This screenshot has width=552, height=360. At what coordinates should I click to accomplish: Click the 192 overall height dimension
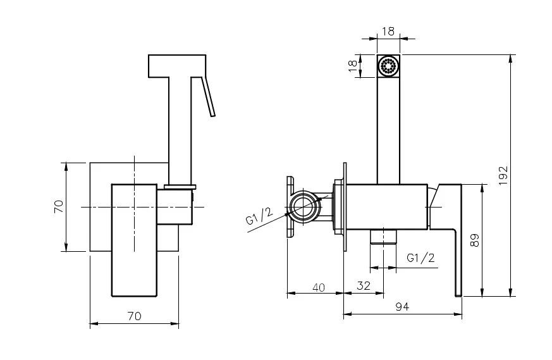(503, 175)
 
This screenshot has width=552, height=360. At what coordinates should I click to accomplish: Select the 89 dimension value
(475, 240)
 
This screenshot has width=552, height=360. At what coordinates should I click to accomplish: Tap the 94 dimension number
(402, 307)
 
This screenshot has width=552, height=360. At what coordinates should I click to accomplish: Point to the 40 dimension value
(319, 287)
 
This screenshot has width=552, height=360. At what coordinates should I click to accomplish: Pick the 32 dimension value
(363, 285)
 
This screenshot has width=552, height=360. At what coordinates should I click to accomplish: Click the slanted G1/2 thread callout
(259, 216)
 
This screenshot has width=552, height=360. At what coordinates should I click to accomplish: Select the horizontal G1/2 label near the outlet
(420, 258)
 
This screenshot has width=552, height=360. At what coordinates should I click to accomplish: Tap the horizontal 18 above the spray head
(388, 30)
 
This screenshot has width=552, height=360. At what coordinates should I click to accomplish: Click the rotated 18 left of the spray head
(353, 66)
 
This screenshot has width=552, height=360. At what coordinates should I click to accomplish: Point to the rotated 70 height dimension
(58, 206)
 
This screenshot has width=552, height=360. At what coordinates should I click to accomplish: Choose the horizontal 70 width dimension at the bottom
(134, 316)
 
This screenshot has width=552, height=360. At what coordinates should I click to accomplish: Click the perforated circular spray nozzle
(388, 66)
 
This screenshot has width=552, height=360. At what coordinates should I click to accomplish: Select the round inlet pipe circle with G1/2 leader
(305, 207)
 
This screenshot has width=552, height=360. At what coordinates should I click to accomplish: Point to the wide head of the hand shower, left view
(177, 66)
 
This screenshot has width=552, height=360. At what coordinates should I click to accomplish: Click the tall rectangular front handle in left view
(134, 240)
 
